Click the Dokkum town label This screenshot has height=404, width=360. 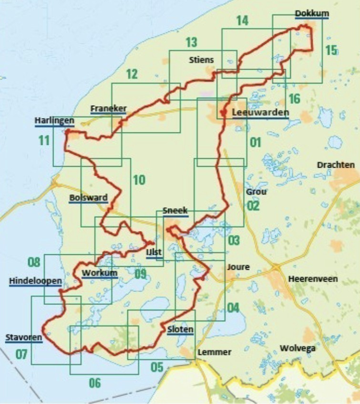tap(312, 13)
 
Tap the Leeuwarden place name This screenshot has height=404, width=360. tap(261, 113)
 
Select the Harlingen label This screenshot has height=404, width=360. tap(54, 121)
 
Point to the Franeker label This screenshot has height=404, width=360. tap(109, 108)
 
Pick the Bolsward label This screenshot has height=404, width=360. tap(88, 198)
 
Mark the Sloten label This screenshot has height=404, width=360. tap(180, 329)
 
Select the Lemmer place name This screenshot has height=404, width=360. tap(214, 352)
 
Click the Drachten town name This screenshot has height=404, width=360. tap(336, 165)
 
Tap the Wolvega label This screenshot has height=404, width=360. tap(298, 348)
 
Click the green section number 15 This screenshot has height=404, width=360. tap(330, 50)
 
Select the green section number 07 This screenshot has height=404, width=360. tap(21, 354)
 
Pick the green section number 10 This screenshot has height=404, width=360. tap(139, 180)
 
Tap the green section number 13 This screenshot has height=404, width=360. tap(191, 42)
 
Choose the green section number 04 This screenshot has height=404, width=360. tap(233, 307)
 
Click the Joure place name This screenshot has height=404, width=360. tap(238, 267)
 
